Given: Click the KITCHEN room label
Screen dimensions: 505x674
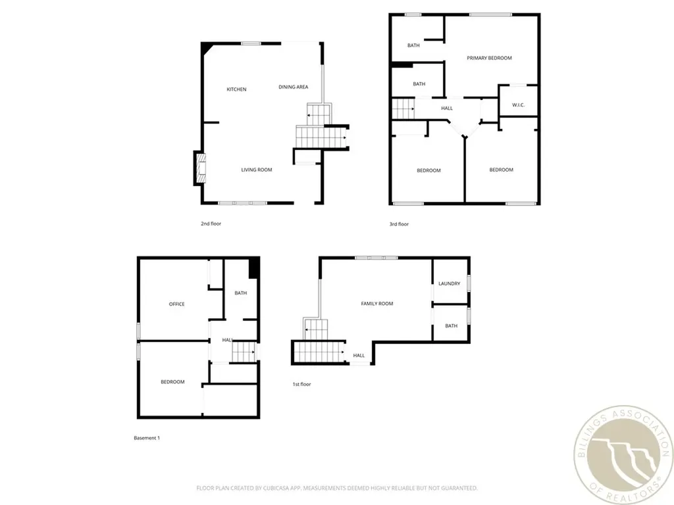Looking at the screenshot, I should click(x=236, y=89).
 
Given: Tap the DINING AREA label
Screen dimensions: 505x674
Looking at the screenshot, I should click(x=293, y=87).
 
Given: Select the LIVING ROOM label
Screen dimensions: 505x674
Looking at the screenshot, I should click(x=256, y=170).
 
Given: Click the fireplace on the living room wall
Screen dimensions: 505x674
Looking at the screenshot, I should click(x=199, y=168).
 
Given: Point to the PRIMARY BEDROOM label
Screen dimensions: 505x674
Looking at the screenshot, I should click(x=489, y=58).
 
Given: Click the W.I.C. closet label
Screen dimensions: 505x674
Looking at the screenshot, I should click(x=518, y=106).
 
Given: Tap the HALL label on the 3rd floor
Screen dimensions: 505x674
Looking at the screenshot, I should click(x=447, y=108).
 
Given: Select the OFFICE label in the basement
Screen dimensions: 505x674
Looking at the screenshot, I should click(x=176, y=304).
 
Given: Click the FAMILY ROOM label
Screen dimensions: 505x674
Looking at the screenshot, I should click(x=376, y=304).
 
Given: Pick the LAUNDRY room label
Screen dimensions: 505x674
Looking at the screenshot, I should click(x=449, y=283).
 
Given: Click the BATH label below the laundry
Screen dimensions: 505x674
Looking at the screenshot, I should click(x=451, y=325).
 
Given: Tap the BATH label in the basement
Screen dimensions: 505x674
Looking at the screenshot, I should click(x=240, y=293).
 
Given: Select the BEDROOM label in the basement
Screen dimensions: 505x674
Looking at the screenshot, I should click(x=172, y=382).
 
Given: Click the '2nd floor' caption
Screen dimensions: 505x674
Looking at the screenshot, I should click(x=211, y=224).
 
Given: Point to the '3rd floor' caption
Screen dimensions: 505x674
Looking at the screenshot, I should click(x=398, y=224).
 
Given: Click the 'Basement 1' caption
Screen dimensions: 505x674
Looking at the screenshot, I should click(x=147, y=438).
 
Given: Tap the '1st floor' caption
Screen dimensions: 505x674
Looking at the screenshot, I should click(x=301, y=384).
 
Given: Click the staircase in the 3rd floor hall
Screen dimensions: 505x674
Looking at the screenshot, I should click(x=403, y=108).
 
